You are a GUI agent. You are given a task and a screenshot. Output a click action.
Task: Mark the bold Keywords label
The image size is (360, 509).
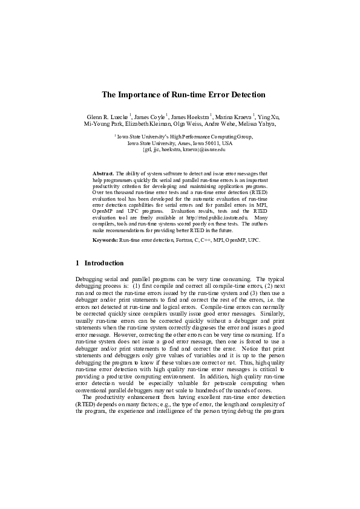105,240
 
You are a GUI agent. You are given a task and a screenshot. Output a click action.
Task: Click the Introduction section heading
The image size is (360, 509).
104,264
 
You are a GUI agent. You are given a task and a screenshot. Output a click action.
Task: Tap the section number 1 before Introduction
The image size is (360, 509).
77,264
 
